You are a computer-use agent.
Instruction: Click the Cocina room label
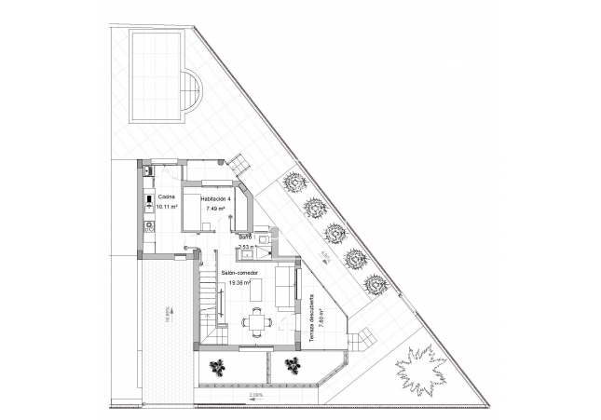click(x=165, y=197)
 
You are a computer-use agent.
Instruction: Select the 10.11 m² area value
click(x=167, y=207)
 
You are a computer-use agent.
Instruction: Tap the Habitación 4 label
click(x=215, y=198)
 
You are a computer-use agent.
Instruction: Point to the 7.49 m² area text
click(x=216, y=209)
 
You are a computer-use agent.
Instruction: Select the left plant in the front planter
click(x=218, y=365)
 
